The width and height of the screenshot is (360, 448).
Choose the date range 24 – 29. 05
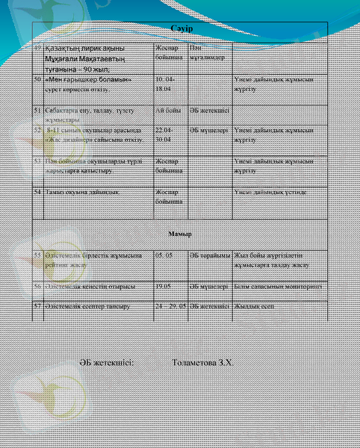coord(170,306)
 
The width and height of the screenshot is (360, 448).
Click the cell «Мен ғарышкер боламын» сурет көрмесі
coord(88,83)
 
